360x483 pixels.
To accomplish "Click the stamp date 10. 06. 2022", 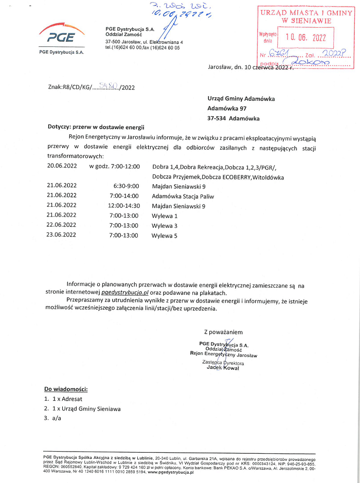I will [299, 37].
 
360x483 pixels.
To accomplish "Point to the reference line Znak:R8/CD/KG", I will [69, 87].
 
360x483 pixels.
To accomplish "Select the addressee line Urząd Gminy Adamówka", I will [241, 98].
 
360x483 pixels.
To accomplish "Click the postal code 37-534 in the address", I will [217, 118].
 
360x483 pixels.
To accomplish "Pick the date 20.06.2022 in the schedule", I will [62, 166].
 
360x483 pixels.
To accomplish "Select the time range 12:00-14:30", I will [123, 206].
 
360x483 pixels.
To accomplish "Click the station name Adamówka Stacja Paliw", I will [183, 196].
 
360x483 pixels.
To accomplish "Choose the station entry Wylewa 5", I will [165, 236].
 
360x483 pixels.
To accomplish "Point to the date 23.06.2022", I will [62, 236].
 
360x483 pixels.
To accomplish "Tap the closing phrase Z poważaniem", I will [223, 332].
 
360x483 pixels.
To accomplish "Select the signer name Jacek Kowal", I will [223, 368].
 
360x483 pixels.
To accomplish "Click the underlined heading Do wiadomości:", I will [66, 388].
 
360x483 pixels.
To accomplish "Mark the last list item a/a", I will [57, 418].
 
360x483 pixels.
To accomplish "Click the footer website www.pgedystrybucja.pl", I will [170, 471].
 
